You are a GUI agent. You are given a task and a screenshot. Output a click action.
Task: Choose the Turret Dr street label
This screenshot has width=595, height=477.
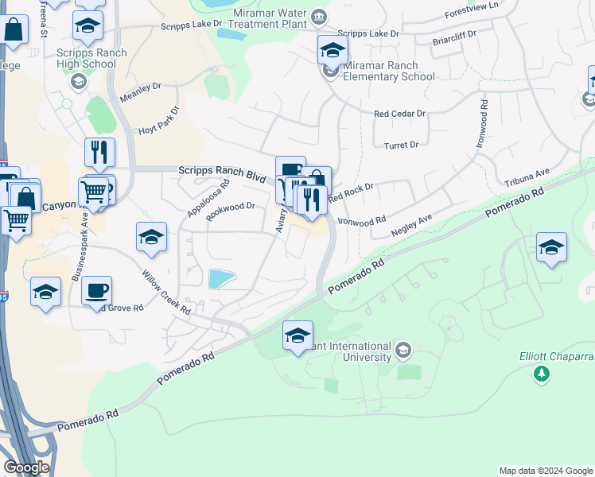(401, 145)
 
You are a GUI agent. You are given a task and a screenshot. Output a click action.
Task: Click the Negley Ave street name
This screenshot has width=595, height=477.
(413, 225)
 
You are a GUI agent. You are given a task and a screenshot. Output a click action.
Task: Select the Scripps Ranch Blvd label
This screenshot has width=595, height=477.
(221, 170)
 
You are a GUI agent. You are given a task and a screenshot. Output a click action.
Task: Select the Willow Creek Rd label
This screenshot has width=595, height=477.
(166, 292)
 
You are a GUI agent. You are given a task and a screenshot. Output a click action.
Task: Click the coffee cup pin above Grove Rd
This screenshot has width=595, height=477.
(96, 290)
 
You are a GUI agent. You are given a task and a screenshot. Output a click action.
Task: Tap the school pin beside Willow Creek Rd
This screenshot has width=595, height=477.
(151, 237)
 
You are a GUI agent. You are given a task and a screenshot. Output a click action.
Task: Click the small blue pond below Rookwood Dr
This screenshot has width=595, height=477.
(221, 279)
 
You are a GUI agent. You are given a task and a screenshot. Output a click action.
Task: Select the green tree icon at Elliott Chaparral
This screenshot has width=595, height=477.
(542, 374)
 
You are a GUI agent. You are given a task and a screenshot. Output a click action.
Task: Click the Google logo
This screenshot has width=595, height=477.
(26, 467)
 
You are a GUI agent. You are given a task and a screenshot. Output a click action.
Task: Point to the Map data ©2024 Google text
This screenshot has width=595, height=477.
(545, 471)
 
